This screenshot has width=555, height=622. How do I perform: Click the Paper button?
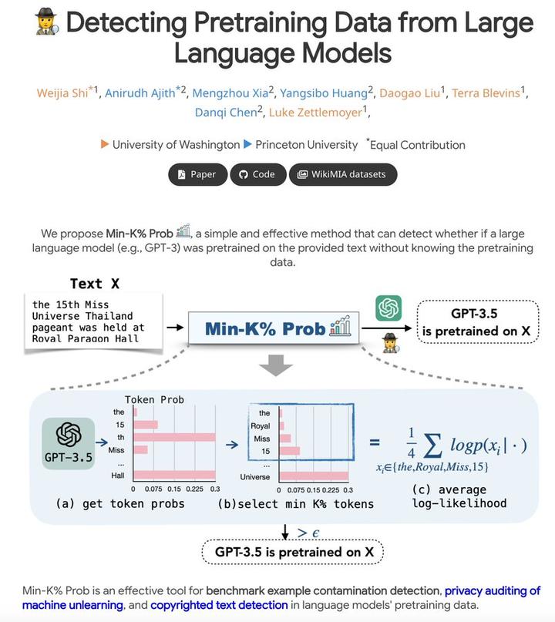tap(197, 174)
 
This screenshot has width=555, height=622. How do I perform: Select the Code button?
tap(257, 174)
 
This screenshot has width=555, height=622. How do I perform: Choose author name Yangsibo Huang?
tap(323, 93)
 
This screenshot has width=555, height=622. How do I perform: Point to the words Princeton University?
tap(306, 144)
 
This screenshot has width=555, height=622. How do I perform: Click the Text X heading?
tap(96, 284)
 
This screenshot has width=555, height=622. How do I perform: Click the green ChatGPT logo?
tap(388, 308)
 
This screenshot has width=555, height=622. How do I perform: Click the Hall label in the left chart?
tap(118, 476)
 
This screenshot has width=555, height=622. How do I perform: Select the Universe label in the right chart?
tap(254, 476)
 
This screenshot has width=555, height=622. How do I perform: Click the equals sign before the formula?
tap(375, 442)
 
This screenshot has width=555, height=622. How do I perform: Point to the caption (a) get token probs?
tap(120, 503)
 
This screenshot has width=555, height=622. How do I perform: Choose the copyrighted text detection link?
tap(219, 605)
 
